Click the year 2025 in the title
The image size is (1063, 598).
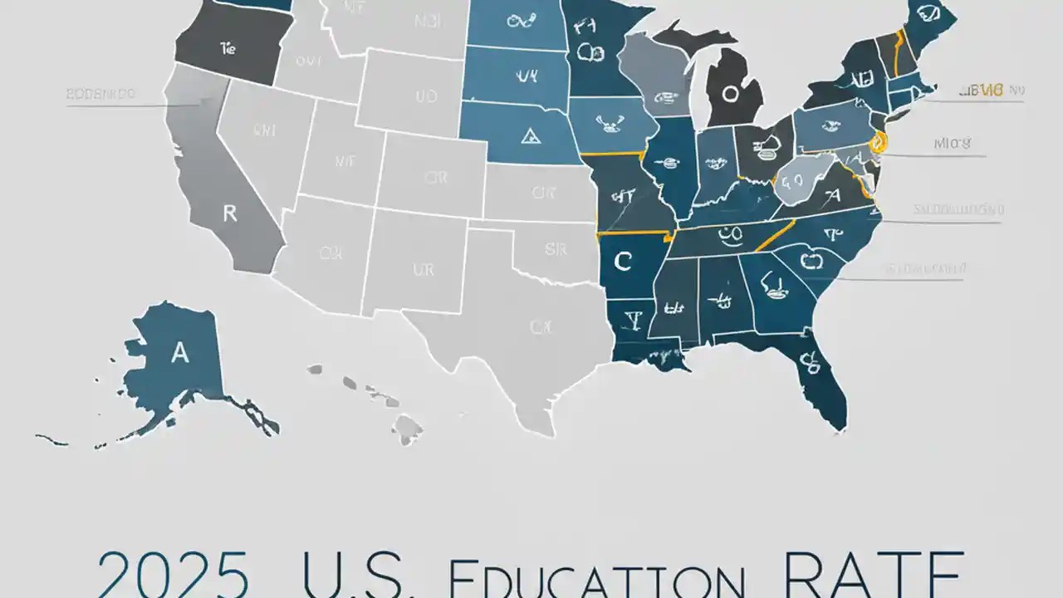(172, 573)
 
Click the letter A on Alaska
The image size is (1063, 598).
(179, 353)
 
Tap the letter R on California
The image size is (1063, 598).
(230, 213)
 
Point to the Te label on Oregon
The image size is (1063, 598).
(228, 49)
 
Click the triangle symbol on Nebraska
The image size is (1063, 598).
(527, 135)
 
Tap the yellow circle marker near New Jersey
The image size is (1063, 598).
(879, 143)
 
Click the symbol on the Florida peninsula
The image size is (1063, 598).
(806, 362)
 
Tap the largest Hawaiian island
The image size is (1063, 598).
(408, 429)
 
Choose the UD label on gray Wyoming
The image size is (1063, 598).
(425, 96)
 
